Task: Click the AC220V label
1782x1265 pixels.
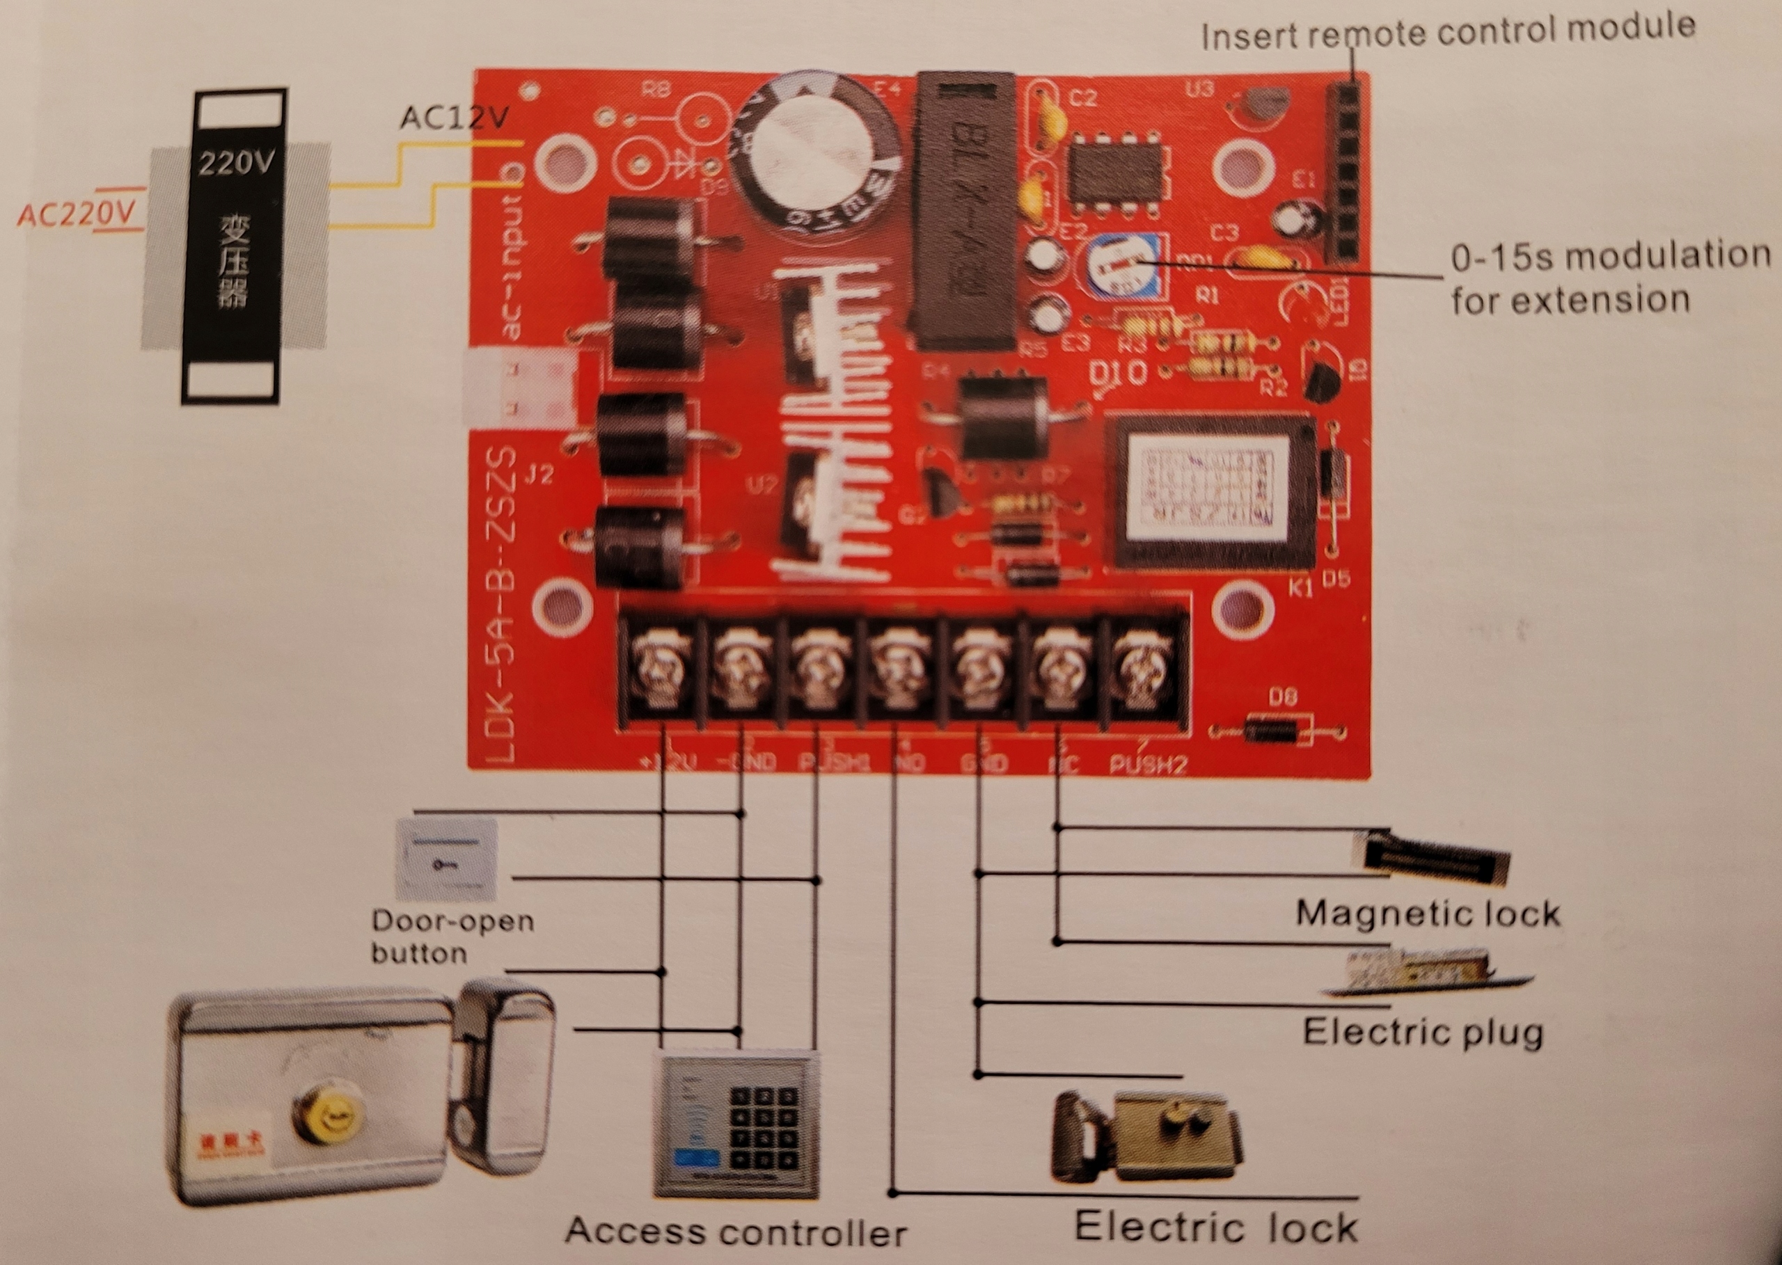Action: [76, 214]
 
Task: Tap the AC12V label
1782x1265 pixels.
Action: [455, 118]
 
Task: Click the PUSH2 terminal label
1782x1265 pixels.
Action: [1148, 764]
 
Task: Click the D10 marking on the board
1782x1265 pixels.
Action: [1117, 374]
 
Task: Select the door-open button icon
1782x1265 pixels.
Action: [446, 859]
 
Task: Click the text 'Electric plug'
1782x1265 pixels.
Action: [1422, 1032]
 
